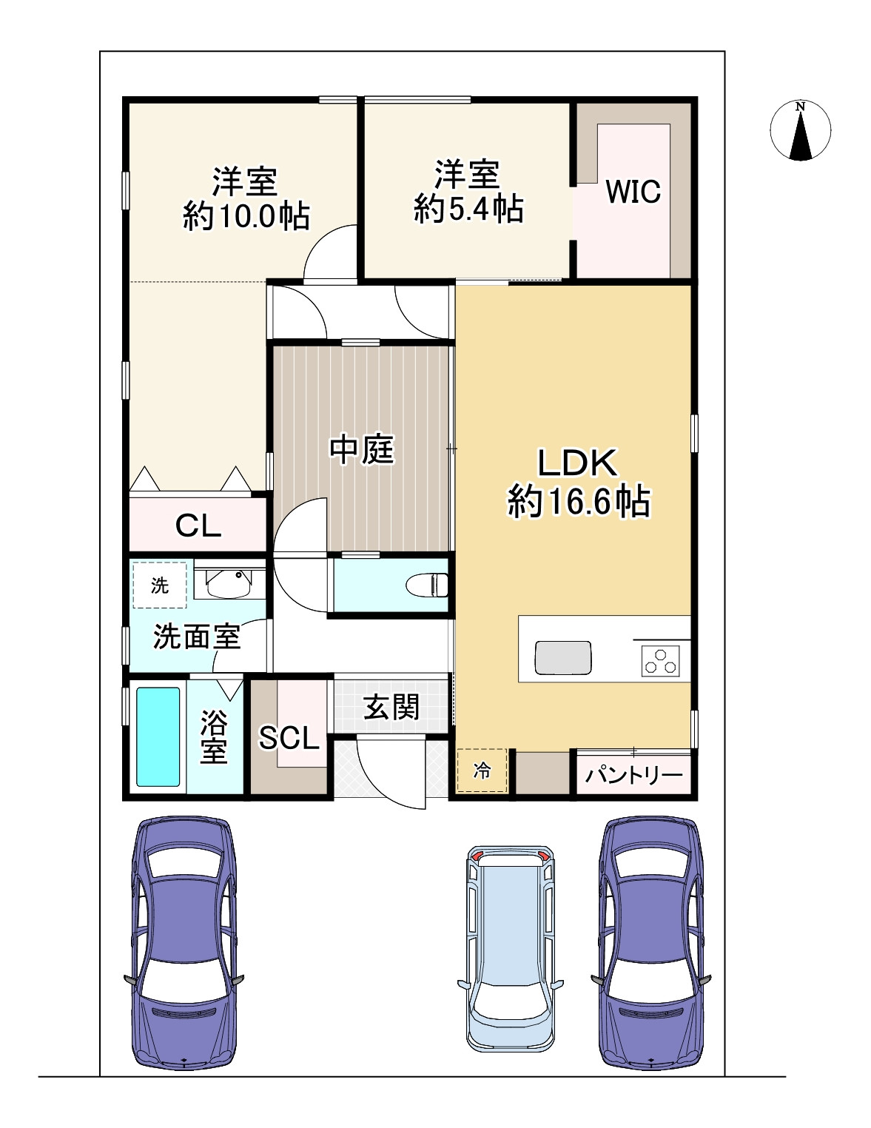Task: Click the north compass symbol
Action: click(800, 130)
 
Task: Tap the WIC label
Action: click(633, 191)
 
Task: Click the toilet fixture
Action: click(427, 585)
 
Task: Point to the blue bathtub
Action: click(158, 737)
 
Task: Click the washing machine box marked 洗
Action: click(160, 585)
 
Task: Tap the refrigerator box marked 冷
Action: click(482, 771)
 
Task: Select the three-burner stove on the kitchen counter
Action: click(660, 661)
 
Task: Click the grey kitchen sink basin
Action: click(563, 658)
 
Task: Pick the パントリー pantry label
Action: click(633, 776)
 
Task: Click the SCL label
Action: click(289, 738)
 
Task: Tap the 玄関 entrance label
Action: click(391, 707)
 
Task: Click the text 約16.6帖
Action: click(579, 502)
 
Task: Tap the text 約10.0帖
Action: click(246, 216)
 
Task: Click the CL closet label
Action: click(198, 526)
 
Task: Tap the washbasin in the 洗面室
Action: click(229, 583)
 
